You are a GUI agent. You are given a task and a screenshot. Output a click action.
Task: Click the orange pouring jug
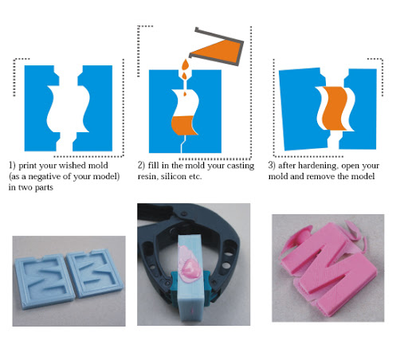point(217,48)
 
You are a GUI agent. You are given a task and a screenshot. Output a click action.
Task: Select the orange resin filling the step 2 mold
point(183,125)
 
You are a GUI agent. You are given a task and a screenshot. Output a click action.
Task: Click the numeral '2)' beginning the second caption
point(141,166)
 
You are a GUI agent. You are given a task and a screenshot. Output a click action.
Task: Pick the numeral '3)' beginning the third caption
point(272,166)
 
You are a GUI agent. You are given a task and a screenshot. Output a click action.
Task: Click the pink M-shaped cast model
point(329,269)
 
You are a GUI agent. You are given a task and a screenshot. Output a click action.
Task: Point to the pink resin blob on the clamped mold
point(189,263)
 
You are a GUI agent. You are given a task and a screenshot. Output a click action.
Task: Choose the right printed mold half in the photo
point(94,272)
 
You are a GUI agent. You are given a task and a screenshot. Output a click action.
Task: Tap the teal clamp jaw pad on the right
point(207,287)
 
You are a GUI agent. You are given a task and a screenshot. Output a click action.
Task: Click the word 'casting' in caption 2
point(241,166)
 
